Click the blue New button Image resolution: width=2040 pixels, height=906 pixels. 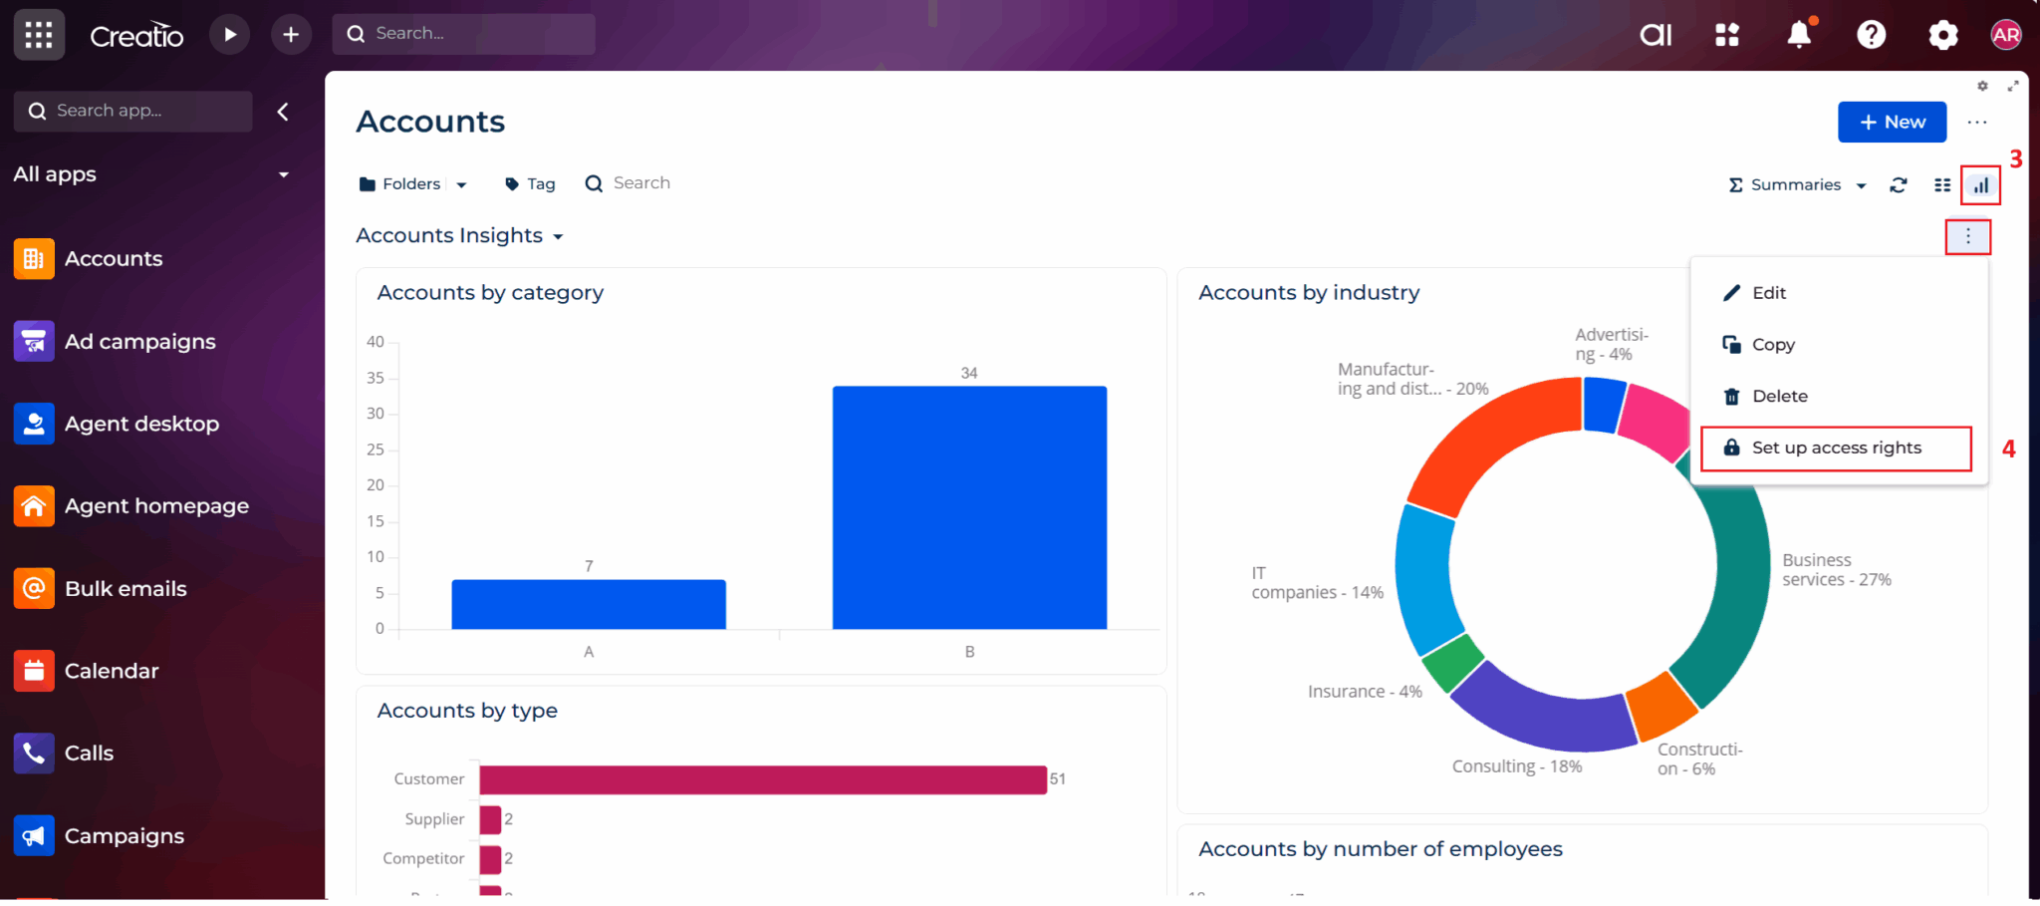[1891, 122]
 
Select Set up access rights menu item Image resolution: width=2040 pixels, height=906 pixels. [1835, 449]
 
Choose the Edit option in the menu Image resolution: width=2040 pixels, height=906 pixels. [1768, 293]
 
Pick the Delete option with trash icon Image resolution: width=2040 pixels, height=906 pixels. [1778, 397]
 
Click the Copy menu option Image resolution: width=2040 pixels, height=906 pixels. [1772, 345]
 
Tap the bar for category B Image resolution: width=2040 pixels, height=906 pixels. [968, 508]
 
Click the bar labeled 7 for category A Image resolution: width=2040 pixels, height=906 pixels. [588, 604]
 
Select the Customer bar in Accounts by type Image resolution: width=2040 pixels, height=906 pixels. [762, 780]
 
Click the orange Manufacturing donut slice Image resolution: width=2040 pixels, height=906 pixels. [1484, 439]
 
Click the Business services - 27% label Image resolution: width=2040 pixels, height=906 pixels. [1835, 570]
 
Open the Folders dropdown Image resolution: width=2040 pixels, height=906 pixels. [412, 184]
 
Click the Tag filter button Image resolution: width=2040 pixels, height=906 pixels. [530, 184]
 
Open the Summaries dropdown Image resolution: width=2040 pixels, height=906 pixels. [1796, 185]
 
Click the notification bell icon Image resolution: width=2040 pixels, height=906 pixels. [1798, 35]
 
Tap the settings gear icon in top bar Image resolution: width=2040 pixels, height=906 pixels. [1942, 35]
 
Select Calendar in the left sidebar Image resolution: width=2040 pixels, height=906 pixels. [111, 672]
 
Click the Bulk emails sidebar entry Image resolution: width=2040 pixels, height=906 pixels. [125, 589]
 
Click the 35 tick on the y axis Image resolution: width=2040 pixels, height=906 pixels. [375, 378]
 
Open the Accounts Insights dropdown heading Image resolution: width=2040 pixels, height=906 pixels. [459, 236]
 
